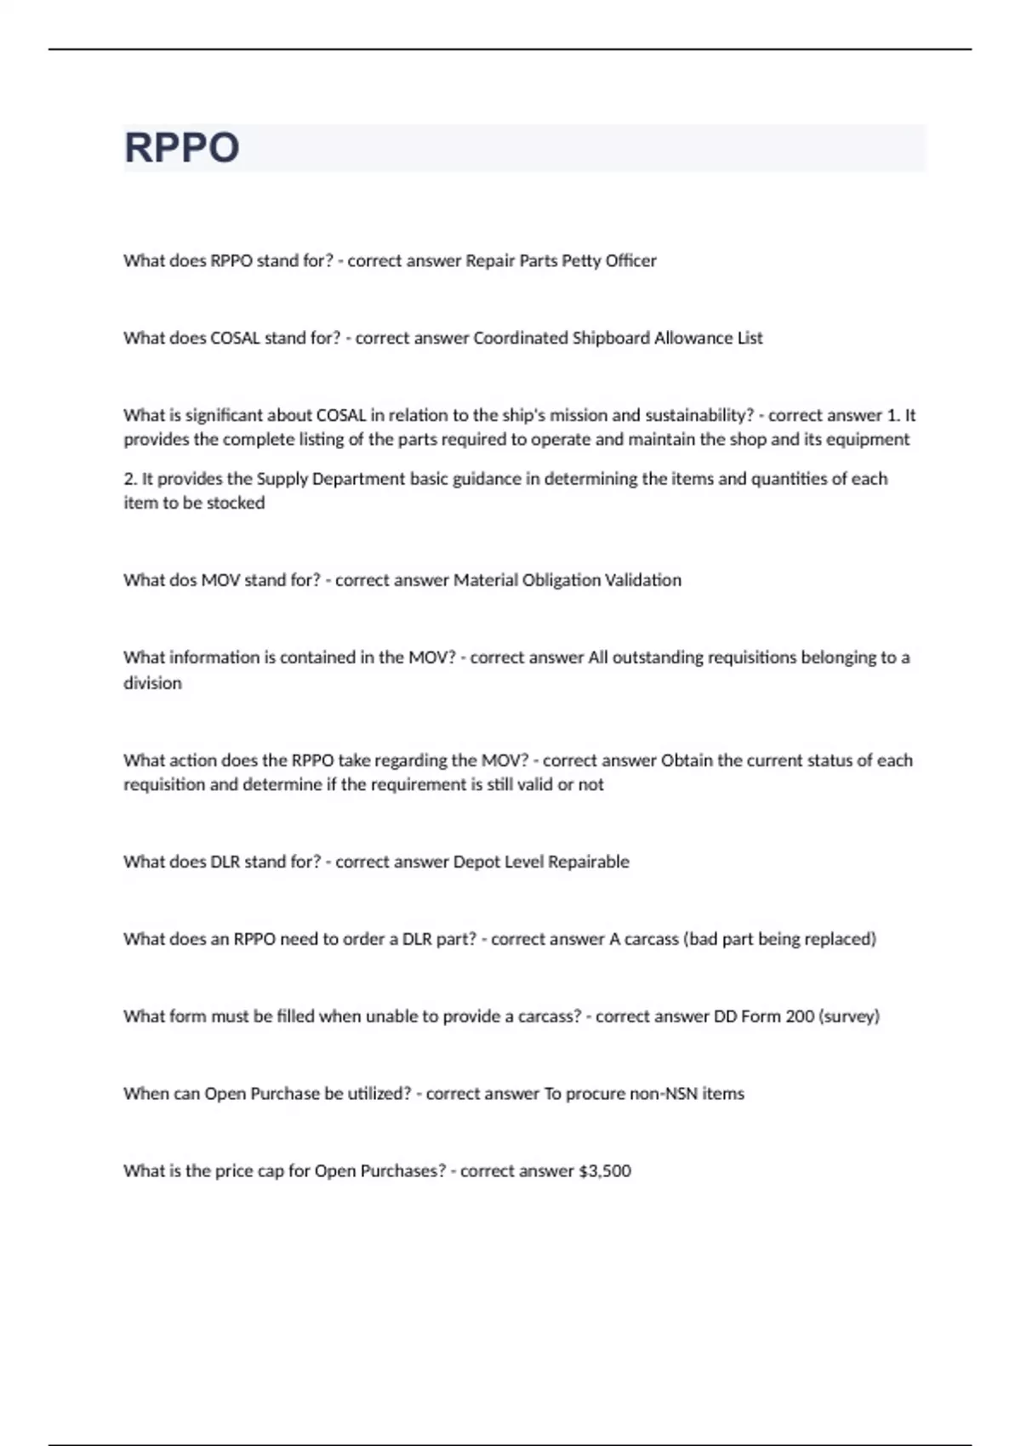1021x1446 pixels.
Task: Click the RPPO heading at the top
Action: coord(181,147)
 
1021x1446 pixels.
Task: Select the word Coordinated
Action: coord(520,338)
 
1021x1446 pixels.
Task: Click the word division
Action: coord(152,683)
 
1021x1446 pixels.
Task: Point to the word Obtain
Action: coord(687,760)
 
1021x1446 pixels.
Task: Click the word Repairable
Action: coord(588,862)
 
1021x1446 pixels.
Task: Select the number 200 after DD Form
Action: coord(800,1016)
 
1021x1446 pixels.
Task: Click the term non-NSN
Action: coord(664,1094)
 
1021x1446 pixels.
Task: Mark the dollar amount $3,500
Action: coord(604,1171)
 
